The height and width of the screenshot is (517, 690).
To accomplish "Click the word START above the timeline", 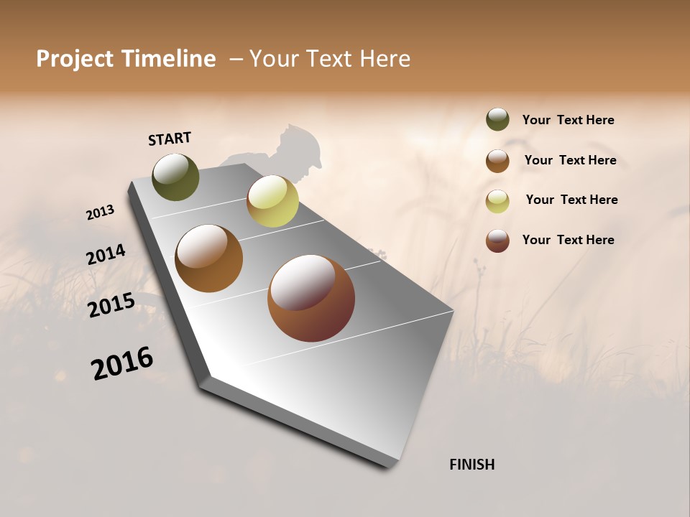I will (x=170, y=139).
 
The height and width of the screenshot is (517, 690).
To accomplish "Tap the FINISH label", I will (x=472, y=465).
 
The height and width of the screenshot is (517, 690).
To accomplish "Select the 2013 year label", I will (x=100, y=213).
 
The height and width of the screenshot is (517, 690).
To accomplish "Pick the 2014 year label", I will (x=106, y=255).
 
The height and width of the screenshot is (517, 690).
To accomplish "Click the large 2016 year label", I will (x=122, y=363).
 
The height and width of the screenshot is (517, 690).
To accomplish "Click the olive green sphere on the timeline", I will (x=176, y=177).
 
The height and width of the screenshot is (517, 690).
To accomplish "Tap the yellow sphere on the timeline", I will (x=272, y=201).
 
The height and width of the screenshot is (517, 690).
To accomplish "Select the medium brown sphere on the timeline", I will (x=209, y=258).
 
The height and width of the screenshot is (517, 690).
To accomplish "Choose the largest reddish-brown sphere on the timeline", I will (x=311, y=298).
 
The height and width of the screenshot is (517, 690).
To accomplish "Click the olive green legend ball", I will (x=497, y=120).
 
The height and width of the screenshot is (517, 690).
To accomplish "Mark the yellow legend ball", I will (x=497, y=202).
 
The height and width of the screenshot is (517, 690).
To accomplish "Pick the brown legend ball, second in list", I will (x=497, y=161).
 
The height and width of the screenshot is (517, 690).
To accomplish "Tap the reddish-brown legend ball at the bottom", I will (x=497, y=241).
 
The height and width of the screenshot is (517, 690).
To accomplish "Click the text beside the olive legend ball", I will (x=568, y=121).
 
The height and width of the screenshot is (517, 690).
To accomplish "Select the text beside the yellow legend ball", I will (x=571, y=200).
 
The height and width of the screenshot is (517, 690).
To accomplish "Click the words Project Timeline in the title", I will (x=126, y=59).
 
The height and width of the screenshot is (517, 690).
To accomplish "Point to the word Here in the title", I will (x=385, y=59).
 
